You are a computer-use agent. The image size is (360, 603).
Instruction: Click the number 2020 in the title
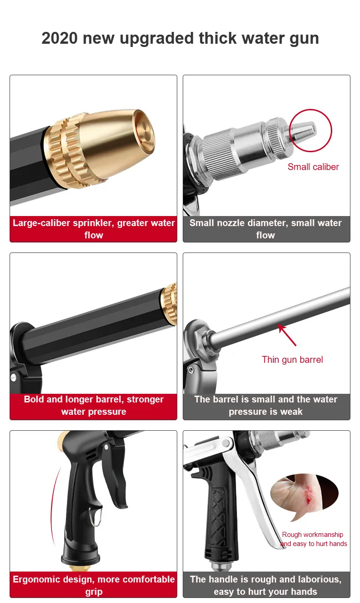(59, 38)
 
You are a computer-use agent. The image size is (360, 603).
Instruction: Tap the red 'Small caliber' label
(313, 167)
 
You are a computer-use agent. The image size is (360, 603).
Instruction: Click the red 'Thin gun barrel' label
(292, 360)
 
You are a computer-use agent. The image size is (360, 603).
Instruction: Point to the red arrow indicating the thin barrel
(287, 335)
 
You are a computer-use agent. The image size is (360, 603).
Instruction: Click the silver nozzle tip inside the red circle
(304, 130)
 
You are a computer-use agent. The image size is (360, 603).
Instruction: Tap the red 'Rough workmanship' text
(312, 534)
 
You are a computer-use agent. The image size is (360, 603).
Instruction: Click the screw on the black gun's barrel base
(13, 377)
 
